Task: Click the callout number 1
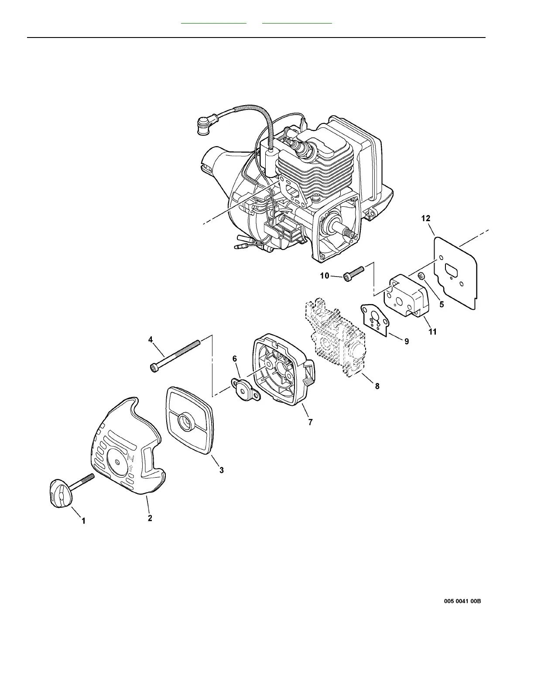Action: [84, 521]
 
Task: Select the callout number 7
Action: [310, 422]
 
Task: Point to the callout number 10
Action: [325, 276]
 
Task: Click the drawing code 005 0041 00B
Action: [462, 601]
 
